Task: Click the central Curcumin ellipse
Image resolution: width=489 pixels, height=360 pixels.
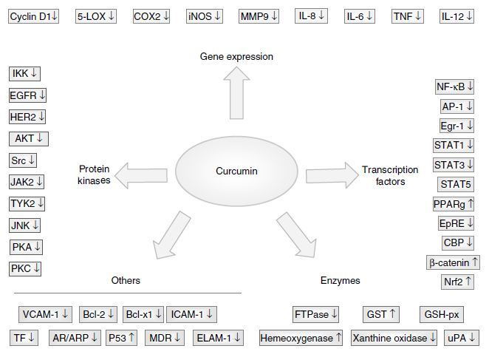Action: point(236,171)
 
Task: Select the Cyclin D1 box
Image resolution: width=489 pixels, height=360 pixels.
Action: point(34,16)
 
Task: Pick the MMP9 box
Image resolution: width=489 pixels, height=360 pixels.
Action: point(259,16)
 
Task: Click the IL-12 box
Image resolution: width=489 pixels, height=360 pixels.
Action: point(457,16)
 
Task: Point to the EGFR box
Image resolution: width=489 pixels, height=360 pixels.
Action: point(27,95)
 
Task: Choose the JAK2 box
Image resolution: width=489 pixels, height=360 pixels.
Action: point(27,181)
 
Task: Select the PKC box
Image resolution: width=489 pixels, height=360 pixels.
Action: point(26,268)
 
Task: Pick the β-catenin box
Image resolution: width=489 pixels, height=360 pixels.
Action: point(454,262)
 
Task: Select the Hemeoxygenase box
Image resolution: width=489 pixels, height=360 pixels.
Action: point(301,338)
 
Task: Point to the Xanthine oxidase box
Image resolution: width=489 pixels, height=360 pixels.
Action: point(394,338)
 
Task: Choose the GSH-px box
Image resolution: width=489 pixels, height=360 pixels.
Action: point(442,314)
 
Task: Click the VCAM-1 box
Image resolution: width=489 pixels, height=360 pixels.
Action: point(45,314)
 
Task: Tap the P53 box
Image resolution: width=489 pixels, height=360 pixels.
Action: point(122,338)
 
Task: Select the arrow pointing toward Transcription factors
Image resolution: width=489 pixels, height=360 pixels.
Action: point(331,174)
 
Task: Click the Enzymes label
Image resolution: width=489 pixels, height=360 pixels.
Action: point(340,281)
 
